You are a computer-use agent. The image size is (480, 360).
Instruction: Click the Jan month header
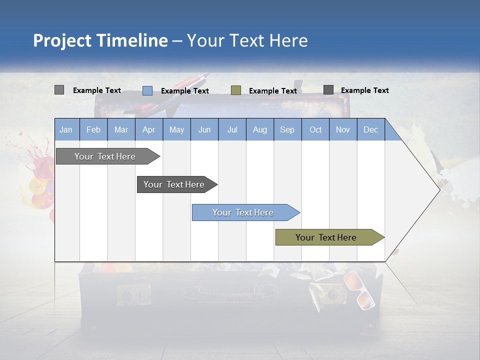tap(66, 129)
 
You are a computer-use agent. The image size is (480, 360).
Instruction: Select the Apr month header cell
tap(149, 129)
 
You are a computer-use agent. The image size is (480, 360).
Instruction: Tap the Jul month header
tap(232, 129)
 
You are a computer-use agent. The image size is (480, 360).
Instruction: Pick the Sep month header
tap(287, 129)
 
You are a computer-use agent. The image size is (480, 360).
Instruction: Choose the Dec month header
tap(370, 129)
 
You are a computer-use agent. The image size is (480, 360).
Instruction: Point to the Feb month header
tap(93, 129)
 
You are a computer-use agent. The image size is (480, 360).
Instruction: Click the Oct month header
tap(315, 129)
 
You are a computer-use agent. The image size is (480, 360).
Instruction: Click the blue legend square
tap(147, 90)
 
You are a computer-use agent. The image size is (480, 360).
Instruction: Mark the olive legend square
tap(236, 90)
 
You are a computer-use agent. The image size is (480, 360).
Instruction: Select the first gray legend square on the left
tap(59, 90)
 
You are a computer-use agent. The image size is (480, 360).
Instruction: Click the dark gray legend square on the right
tap(328, 90)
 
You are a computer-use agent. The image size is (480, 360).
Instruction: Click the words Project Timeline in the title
tap(100, 40)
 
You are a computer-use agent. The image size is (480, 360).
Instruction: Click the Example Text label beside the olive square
tap(273, 91)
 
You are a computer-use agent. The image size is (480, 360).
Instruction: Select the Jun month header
tap(204, 129)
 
